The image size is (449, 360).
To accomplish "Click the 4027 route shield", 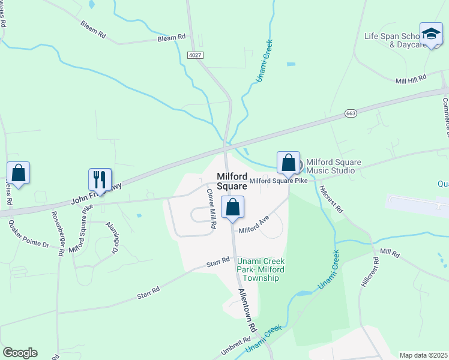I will (195, 55).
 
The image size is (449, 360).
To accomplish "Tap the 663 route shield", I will (352, 113).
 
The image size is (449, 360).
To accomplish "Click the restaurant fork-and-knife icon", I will (100, 179).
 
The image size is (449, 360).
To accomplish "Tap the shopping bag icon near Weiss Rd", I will (19, 173).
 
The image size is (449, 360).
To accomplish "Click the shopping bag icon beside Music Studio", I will (288, 163).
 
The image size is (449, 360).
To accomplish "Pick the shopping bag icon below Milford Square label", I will (233, 208).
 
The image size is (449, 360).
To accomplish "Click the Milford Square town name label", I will (231, 181).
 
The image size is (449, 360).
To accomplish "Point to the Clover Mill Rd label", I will (211, 209).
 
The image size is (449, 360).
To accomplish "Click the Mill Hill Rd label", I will (411, 79).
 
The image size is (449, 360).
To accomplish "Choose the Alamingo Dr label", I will (112, 235).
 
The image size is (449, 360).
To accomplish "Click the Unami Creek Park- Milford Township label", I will (261, 269).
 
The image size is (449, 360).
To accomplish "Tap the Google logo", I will (20, 353).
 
